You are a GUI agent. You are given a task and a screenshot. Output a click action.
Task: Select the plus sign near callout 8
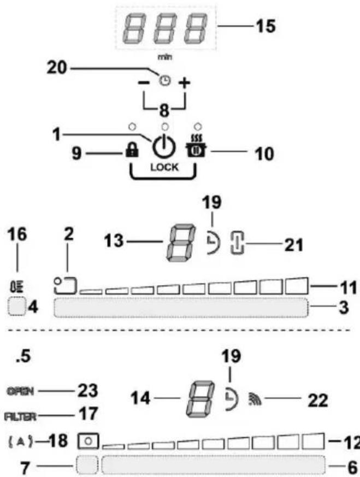(x=185, y=83)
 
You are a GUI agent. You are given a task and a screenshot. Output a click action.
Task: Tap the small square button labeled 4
(x=18, y=307)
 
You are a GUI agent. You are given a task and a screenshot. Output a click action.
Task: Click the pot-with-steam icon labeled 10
(x=191, y=150)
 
